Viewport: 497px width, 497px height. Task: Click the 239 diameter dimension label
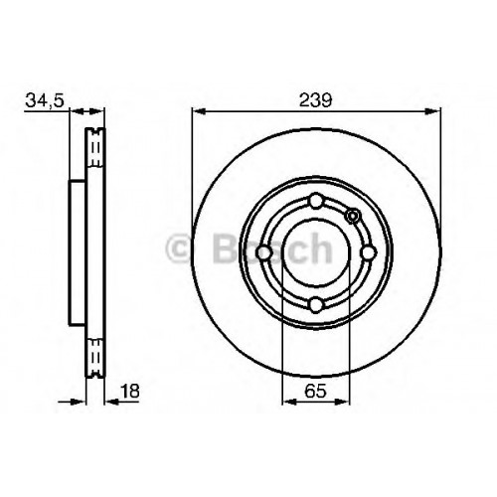315,100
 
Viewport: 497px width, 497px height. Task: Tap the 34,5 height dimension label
45,100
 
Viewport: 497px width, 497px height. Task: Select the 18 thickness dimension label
130,391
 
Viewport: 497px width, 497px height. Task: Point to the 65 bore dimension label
315,391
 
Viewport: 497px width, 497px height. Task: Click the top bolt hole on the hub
316,201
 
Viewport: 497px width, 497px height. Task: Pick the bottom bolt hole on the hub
316,304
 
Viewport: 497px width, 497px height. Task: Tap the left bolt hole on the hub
264,252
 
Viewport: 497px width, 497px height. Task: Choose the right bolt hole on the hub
368,252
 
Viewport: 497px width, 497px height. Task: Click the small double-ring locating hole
353,216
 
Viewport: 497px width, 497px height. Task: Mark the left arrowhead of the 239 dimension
199,112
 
